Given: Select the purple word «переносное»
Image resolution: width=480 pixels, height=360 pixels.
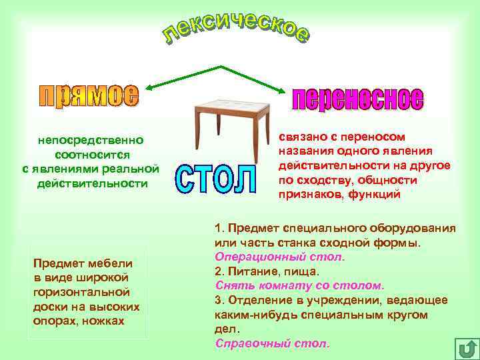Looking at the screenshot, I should pos(357,99).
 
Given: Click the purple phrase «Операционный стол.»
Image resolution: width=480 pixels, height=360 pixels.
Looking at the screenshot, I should pos(280,257).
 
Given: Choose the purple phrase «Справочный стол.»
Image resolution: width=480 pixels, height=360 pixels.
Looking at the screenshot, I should pos(272,343).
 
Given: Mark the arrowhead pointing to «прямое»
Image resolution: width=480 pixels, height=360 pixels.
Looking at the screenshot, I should pos(149,87).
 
